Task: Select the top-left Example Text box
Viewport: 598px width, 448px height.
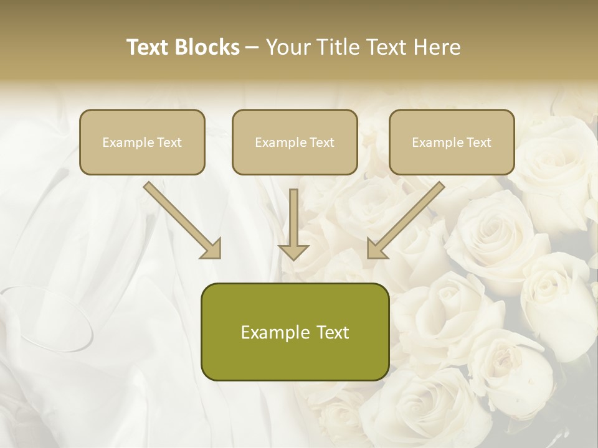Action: (x=142, y=142)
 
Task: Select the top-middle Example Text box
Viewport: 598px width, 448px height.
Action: (x=295, y=142)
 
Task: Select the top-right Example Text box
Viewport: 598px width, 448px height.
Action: (x=452, y=142)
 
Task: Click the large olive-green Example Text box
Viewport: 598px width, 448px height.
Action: (x=295, y=332)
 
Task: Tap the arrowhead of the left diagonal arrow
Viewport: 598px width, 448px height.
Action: (x=212, y=249)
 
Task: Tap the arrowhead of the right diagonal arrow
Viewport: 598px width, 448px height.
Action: (x=377, y=249)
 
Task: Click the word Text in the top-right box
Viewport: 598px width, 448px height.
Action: (x=478, y=142)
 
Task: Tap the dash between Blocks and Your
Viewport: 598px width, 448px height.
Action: (x=252, y=47)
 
